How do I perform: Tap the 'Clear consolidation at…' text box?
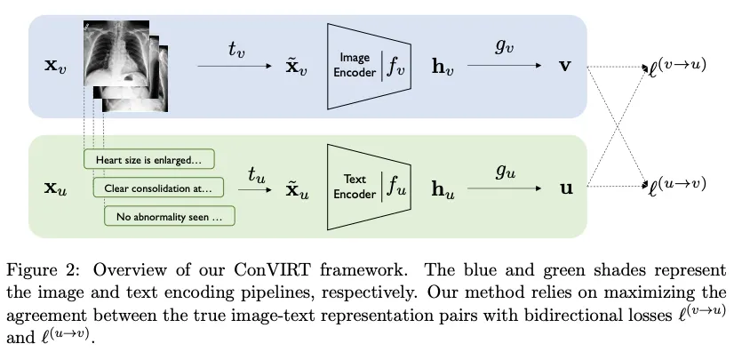pos(158,188)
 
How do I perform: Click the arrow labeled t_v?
pos(235,65)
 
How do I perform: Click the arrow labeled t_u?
pos(255,188)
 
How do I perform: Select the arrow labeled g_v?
pos(504,66)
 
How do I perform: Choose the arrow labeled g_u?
pos(504,188)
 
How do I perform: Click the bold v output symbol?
pos(562,67)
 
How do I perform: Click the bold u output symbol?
pos(562,188)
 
